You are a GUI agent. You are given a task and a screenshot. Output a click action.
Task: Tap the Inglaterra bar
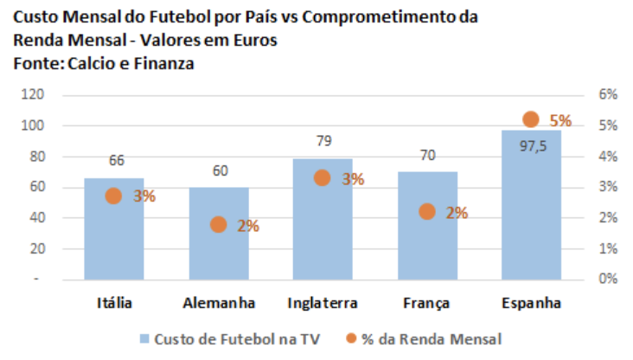322,234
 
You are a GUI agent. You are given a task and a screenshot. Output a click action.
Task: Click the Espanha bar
531,216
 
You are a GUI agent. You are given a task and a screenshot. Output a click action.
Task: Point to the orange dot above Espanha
531,119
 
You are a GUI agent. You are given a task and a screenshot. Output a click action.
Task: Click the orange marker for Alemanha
219,225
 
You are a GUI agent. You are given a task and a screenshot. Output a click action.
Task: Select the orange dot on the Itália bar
113,196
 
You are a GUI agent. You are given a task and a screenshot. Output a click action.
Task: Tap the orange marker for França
427,211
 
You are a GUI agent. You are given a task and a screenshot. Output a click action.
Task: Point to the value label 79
324,140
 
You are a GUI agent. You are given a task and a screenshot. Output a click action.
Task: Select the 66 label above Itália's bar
117,160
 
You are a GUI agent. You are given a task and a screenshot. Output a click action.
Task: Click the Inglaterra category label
323,304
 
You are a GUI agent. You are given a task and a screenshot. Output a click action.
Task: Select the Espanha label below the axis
532,304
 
